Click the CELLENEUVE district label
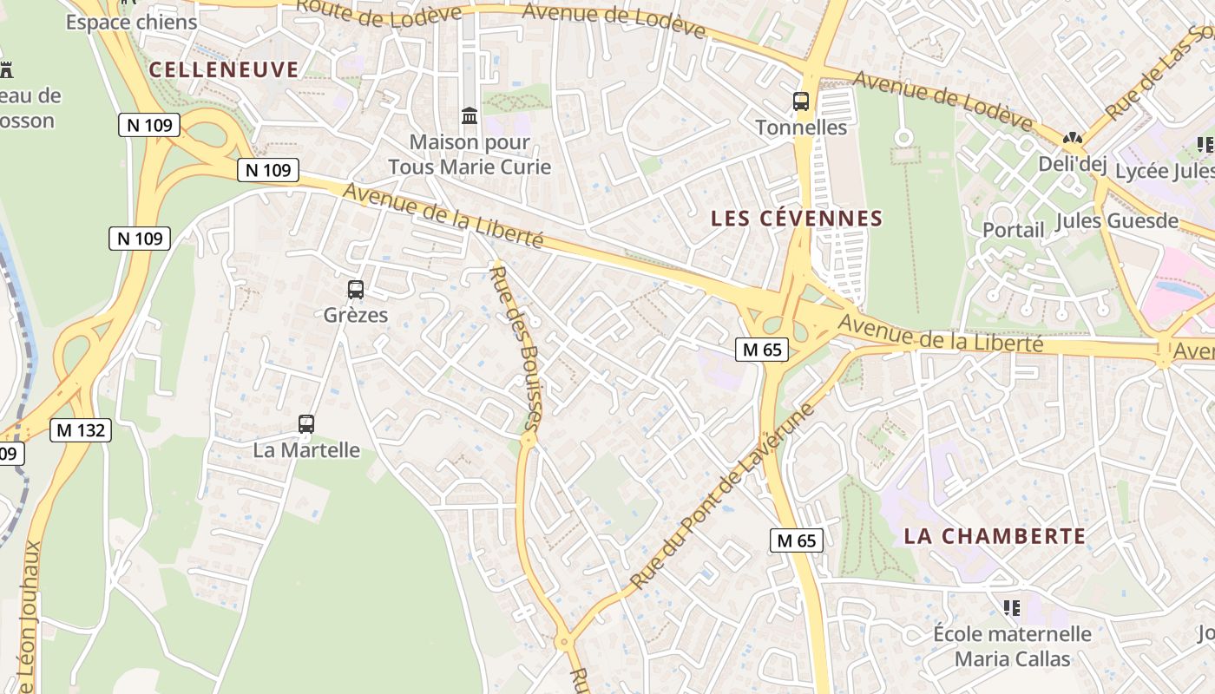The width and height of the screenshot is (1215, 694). [224, 69]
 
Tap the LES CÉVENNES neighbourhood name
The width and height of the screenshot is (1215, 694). [796, 219]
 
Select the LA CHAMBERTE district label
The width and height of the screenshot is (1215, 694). [995, 535]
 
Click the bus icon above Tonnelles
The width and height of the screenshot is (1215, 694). [801, 101]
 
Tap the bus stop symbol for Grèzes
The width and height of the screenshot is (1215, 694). [355, 290]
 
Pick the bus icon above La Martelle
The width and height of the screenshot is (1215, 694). [306, 424]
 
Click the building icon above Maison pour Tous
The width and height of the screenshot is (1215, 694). [470, 115]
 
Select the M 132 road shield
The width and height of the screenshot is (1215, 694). [81, 429]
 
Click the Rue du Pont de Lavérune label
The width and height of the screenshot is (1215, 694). [723, 497]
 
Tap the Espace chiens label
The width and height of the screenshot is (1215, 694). [132, 22]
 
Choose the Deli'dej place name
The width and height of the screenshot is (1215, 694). [1073, 164]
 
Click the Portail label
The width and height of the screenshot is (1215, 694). [1014, 230]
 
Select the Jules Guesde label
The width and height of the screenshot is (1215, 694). [1117, 221]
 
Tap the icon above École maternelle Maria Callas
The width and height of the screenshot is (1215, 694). [1011, 607]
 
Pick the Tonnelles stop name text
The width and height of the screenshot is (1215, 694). [801, 128]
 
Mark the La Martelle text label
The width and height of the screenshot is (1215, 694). [306, 450]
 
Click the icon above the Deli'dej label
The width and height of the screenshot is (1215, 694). [1073, 138]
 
